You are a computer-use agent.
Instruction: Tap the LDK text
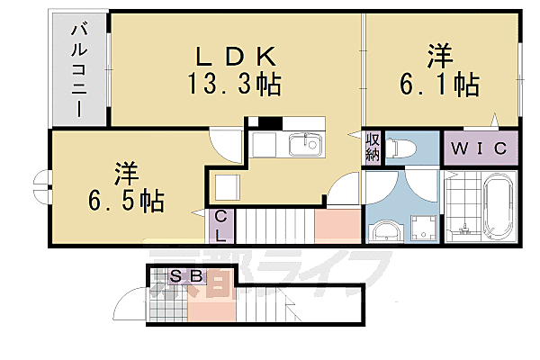pyautogui.click(x=232, y=56)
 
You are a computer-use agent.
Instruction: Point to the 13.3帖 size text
pyautogui.click(x=233, y=85)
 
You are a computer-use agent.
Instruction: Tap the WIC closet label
pyautogui.click(x=481, y=148)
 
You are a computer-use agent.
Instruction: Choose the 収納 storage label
pyautogui.click(x=373, y=148)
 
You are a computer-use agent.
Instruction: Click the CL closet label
pyautogui.click(x=220, y=225)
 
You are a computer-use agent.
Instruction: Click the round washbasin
pyautogui.click(x=387, y=230)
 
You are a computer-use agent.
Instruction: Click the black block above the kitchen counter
pyautogui.click(x=265, y=122)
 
